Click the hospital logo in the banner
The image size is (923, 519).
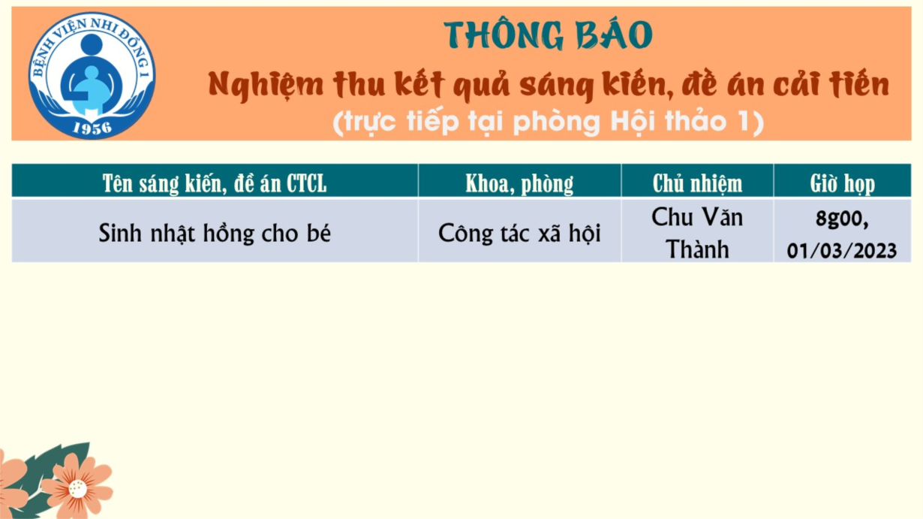click(92, 75)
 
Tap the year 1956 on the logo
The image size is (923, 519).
click(92, 128)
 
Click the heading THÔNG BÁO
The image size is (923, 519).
click(548, 35)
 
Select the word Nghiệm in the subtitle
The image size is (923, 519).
click(266, 86)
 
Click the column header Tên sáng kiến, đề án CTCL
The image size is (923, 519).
click(215, 183)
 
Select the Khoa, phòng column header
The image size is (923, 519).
click(519, 183)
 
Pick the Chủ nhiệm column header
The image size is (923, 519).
click(697, 183)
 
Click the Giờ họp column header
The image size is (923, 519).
click(842, 183)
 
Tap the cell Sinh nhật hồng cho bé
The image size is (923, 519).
click(215, 233)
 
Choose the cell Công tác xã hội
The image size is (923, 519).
click(519, 233)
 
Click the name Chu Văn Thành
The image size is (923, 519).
click(697, 233)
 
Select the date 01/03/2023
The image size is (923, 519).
click(842, 250)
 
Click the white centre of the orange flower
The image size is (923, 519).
click(77, 489)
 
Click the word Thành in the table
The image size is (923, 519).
click(697, 249)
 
